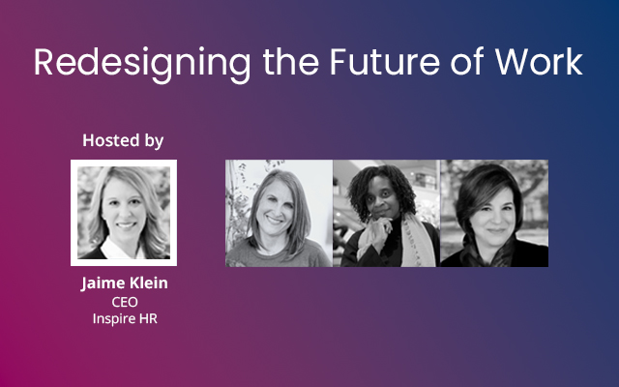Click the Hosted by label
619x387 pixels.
coord(123,140)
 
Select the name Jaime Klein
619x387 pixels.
coord(124,284)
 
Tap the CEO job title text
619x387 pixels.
coord(124,302)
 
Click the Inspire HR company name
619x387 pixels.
coord(124,319)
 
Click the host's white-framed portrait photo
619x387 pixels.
coord(124,213)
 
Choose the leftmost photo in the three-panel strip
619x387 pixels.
coord(279,213)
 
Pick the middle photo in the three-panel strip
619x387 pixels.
coord(386,213)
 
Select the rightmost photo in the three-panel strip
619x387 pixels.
coord(493,213)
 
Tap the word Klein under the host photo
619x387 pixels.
coord(148,284)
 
